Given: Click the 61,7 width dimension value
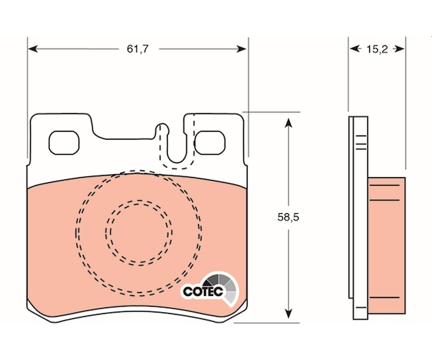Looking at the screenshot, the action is pos(138,49).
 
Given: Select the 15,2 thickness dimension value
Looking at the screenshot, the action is pos(377,49).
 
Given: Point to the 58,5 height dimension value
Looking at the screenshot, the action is pos(288,217).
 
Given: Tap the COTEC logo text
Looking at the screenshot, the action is pos(203,292).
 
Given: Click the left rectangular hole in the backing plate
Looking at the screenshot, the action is pos(64,143).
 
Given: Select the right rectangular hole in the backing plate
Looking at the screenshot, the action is pos(210,143).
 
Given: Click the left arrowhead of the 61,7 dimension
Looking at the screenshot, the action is pos(33,49).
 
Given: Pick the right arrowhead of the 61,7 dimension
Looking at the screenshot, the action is pos(241,49).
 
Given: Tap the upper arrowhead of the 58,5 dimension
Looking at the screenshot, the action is pos(288,123).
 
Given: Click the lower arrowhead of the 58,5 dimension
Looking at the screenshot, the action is pos(288,314).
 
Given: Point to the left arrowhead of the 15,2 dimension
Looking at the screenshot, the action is pos(355,49).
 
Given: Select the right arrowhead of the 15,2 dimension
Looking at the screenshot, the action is pos(399,49).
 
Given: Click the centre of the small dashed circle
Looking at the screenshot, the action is pos(139,233).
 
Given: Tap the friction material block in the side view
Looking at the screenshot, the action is pos(386,246).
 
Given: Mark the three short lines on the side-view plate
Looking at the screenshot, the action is pos(361,143).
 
